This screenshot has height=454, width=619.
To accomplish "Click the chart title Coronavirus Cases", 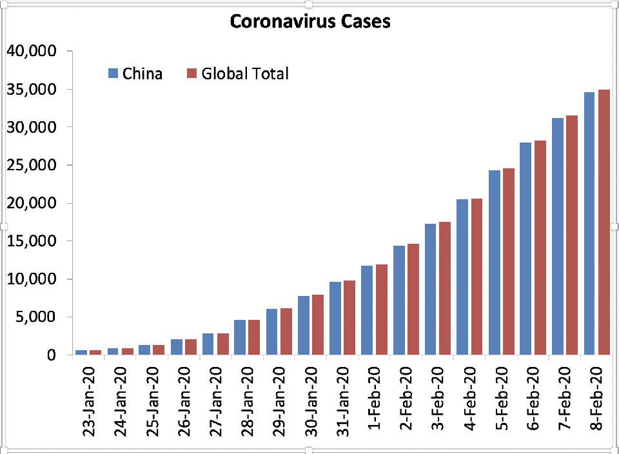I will (x=309, y=21).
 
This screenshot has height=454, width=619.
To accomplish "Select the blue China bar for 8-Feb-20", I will (x=589, y=223).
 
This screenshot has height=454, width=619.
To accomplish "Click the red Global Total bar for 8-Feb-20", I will (x=604, y=222).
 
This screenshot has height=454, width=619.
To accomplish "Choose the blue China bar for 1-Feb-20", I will (x=367, y=310).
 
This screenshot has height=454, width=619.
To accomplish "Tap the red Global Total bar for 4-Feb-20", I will (x=477, y=277).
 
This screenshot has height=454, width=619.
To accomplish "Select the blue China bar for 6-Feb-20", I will (x=526, y=248).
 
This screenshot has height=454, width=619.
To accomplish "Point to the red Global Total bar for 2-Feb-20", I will (x=414, y=299).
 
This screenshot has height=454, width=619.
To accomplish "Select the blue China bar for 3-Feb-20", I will (x=430, y=289).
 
